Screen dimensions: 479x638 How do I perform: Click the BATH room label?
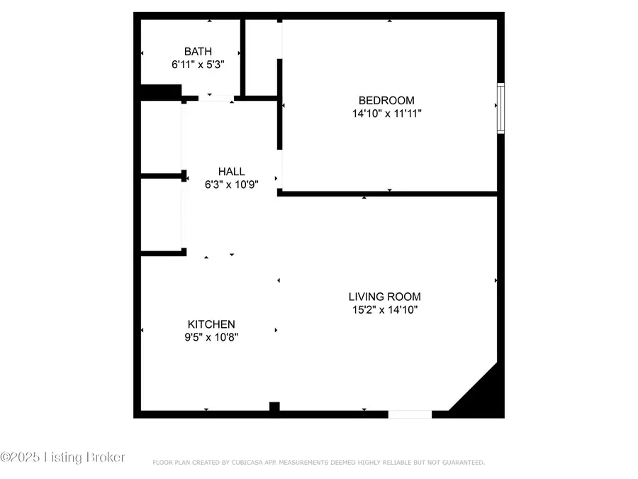198,51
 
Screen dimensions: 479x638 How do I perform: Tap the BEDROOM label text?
386,100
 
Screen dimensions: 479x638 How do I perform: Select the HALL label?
231,171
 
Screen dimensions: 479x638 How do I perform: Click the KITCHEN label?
211,324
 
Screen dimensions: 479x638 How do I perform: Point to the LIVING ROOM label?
384,297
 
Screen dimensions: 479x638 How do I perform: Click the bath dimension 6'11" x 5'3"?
198,65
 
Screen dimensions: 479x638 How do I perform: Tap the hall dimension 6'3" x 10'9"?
231,185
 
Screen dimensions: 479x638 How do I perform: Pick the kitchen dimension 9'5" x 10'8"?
211,338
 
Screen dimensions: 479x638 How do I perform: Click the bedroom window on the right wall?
500,109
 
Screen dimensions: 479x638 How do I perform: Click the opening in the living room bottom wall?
410,414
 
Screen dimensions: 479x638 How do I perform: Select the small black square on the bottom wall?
274,407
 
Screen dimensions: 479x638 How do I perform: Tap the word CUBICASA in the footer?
245,463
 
